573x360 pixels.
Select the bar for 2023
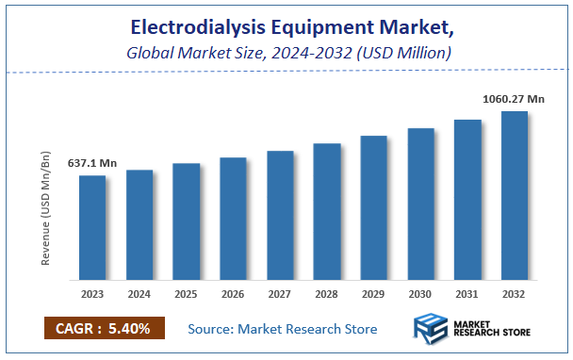tap(92, 227)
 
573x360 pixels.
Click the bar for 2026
tap(233, 219)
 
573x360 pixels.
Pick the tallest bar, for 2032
tap(515, 195)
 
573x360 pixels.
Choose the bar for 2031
tap(467, 200)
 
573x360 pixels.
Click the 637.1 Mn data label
tap(91, 163)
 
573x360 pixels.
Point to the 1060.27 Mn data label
tap(515, 98)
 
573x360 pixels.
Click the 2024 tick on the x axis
tap(139, 294)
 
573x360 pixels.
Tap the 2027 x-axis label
tap(280, 294)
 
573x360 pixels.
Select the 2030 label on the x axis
tap(420, 294)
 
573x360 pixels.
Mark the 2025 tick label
tap(186, 294)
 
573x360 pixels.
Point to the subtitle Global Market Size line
tap(288, 53)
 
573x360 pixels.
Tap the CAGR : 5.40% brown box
tap(104, 329)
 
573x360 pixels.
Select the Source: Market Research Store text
tap(283, 329)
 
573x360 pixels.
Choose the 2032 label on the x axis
tap(515, 294)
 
